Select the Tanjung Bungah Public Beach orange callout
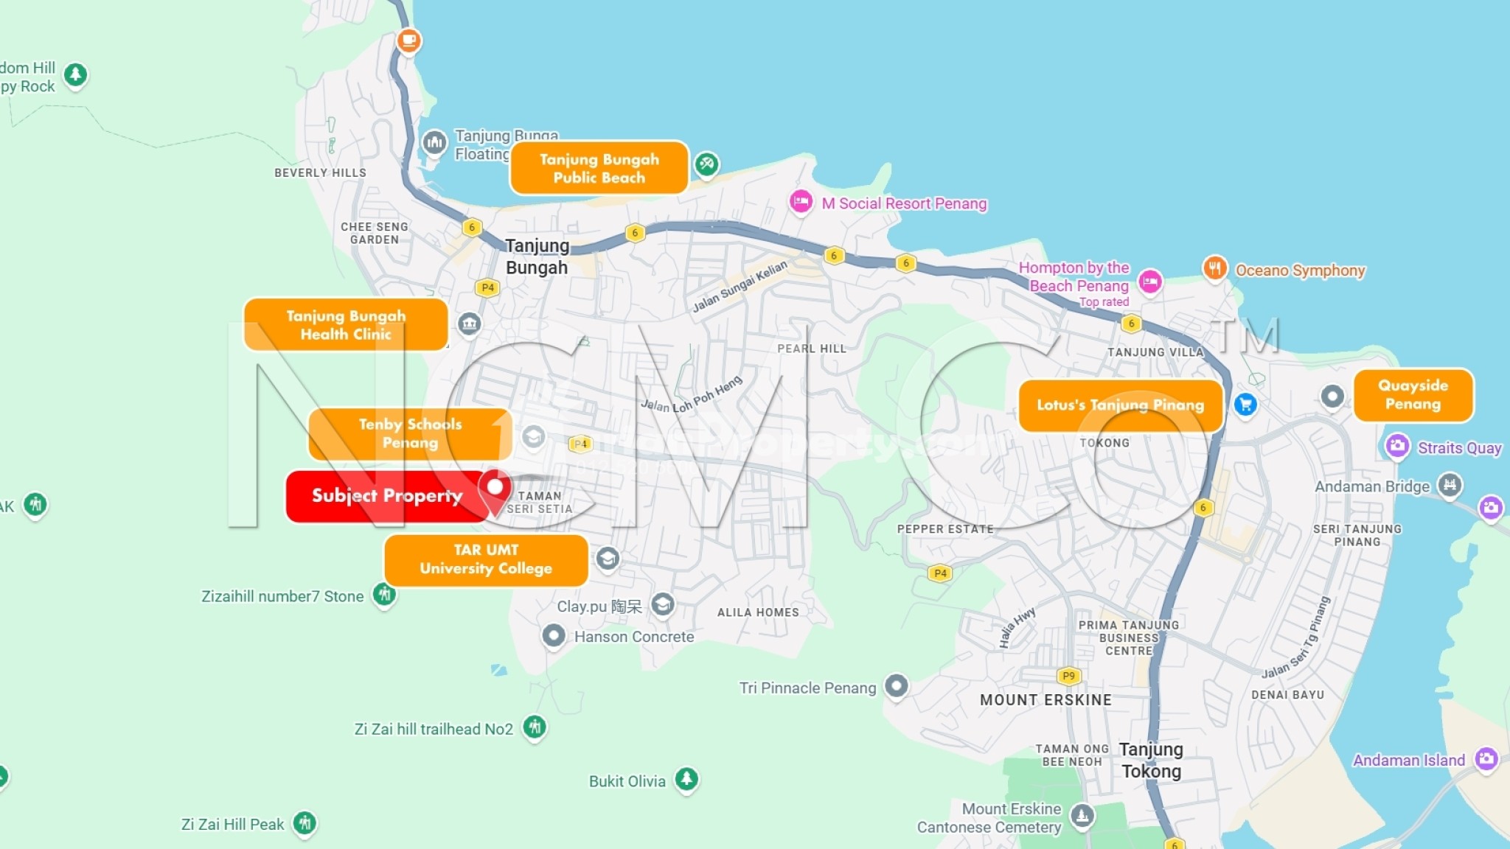point(599,168)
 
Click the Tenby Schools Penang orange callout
point(409,434)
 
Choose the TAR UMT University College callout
point(485,559)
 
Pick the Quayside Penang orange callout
point(1413,395)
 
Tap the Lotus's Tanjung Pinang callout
point(1119,405)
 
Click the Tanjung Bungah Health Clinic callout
point(345,325)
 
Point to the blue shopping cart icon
point(1245,404)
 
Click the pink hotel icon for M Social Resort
point(801,201)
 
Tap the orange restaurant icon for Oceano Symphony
point(1214,268)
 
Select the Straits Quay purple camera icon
point(1396,446)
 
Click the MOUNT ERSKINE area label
point(1045,700)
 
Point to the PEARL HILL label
point(811,349)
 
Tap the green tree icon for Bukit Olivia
point(686,778)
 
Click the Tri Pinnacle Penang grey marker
point(896,686)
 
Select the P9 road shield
point(1068,676)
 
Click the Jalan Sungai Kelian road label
point(740,286)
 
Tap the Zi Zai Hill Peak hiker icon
point(305,822)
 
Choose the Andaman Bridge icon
point(1450,484)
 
